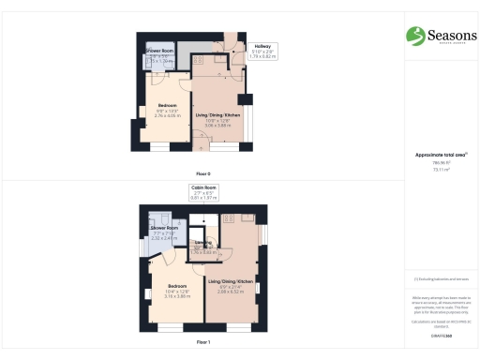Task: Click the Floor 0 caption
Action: click(x=202, y=174)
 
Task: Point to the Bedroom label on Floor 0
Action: click(x=168, y=104)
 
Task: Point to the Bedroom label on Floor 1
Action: click(x=178, y=286)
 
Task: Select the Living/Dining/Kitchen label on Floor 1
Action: click(x=231, y=281)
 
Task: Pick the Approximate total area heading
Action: click(x=434, y=154)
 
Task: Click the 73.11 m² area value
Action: click(x=434, y=171)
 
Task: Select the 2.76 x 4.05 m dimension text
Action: click(x=168, y=115)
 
